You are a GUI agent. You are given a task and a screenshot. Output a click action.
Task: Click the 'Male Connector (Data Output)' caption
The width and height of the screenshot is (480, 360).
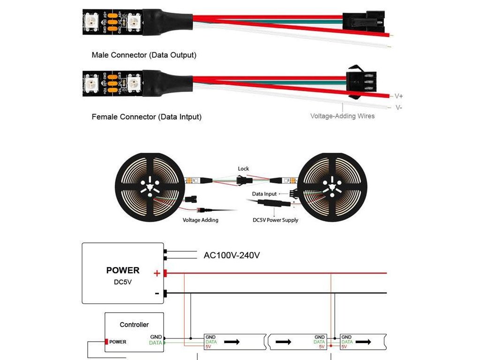[x=144, y=55]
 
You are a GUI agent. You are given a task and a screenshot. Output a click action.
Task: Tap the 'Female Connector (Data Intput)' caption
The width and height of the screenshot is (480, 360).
[x=146, y=117]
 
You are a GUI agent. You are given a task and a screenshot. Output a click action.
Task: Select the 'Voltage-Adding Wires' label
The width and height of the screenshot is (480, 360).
[x=342, y=116]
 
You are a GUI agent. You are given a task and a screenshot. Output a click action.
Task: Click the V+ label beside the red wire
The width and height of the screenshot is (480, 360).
[x=399, y=96]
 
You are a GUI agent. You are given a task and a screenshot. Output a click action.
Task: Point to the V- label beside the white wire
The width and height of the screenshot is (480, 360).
[x=398, y=107]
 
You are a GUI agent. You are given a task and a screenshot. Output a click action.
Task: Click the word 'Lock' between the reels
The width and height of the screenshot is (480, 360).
[x=243, y=169]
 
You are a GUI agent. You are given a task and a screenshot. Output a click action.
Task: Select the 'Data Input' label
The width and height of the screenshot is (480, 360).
[x=264, y=194]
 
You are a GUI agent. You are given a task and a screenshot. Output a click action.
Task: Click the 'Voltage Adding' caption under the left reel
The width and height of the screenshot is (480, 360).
[x=200, y=220]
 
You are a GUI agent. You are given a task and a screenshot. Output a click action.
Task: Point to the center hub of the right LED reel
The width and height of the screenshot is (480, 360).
[x=332, y=187]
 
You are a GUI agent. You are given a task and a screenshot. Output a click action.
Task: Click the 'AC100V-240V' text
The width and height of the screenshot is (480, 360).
[x=232, y=255]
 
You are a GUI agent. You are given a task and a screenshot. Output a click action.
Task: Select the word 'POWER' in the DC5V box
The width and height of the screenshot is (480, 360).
[x=123, y=270]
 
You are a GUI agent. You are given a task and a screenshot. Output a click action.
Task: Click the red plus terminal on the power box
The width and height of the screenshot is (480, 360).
[x=165, y=273]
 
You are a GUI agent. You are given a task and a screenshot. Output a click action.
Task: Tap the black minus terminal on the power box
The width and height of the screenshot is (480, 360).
[x=165, y=293]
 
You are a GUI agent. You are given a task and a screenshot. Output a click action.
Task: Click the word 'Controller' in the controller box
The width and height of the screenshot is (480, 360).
[x=134, y=324]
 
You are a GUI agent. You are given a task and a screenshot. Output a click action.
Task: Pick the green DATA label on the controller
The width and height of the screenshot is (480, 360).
[x=155, y=343]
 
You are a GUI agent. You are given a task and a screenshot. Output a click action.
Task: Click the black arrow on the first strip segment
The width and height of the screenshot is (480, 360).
[x=232, y=342]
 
